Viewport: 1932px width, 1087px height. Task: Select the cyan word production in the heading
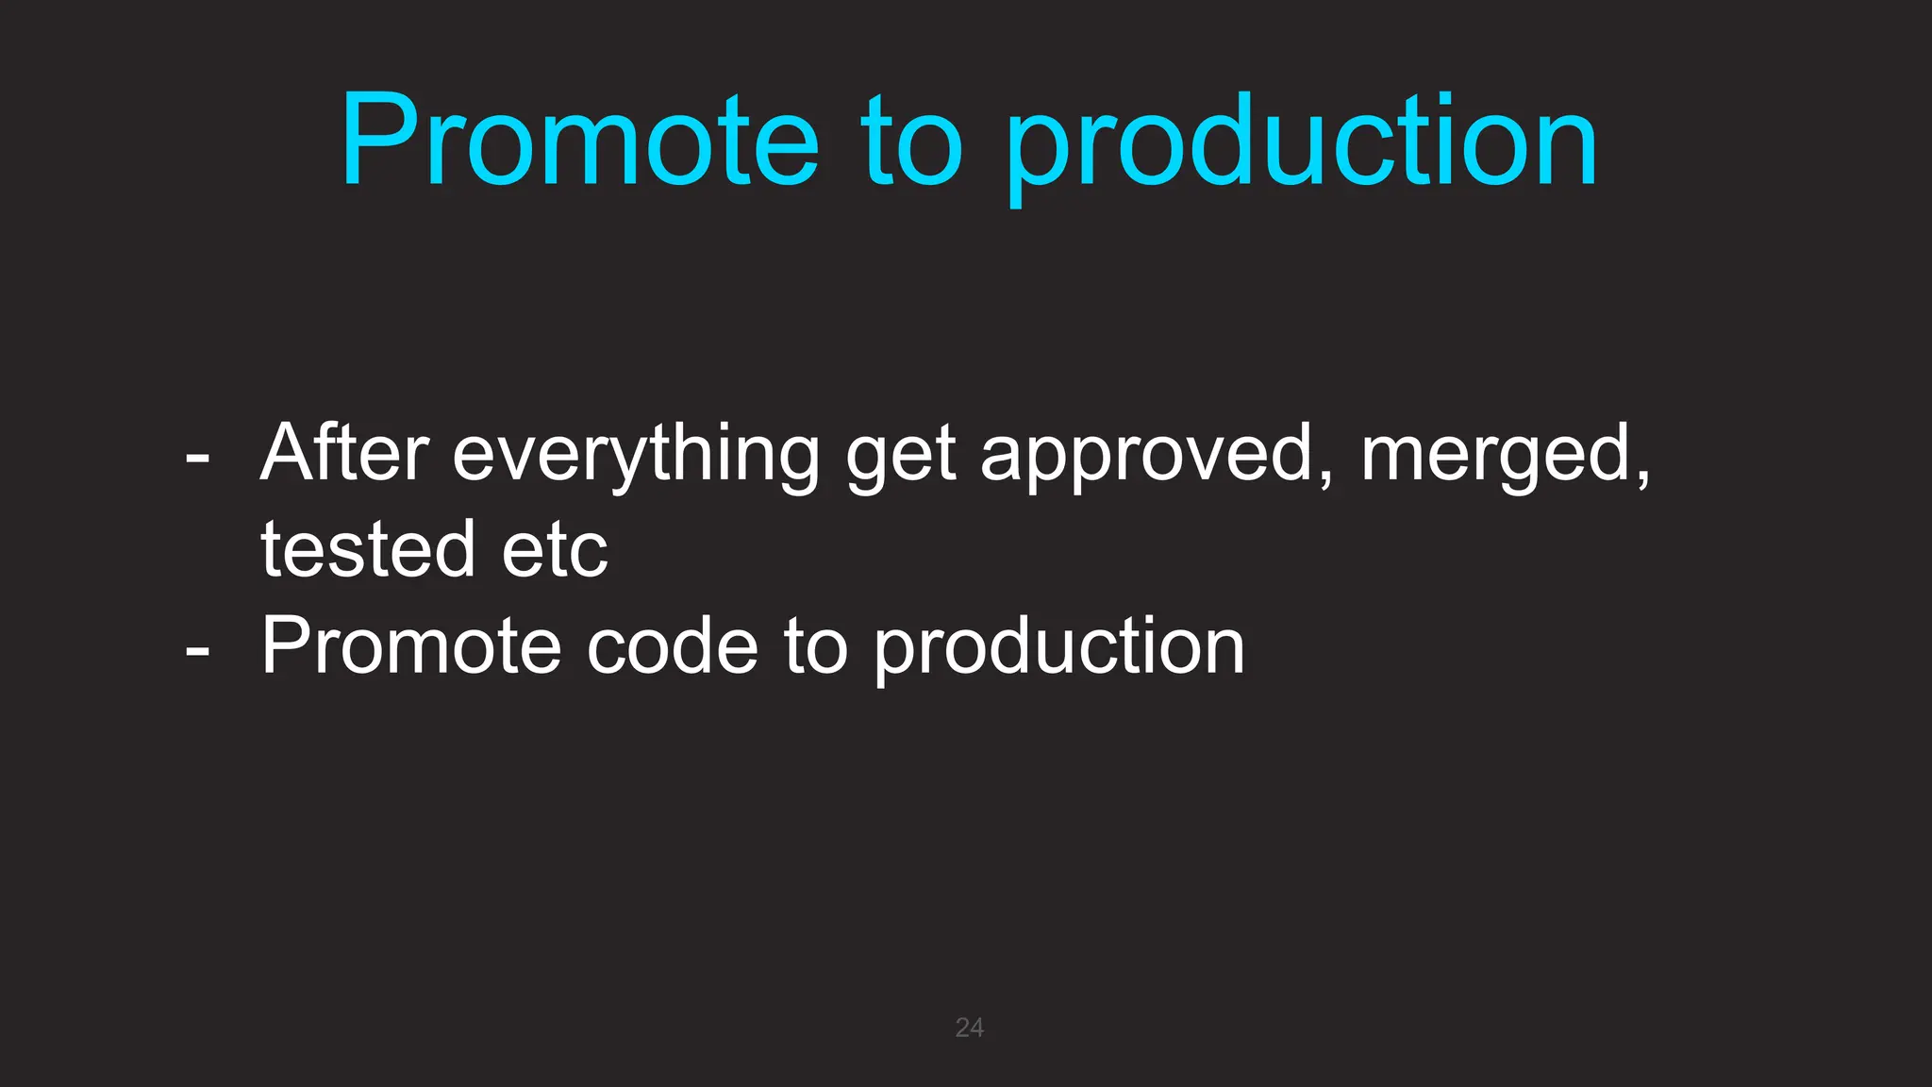1301,146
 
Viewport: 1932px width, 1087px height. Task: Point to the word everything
637,458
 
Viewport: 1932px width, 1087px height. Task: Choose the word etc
555,552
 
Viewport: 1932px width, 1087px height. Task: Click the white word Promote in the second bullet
411,646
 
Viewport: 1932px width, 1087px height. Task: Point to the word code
672,646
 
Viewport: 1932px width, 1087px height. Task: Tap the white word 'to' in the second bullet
815,646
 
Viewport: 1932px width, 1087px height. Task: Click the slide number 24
969,1028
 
